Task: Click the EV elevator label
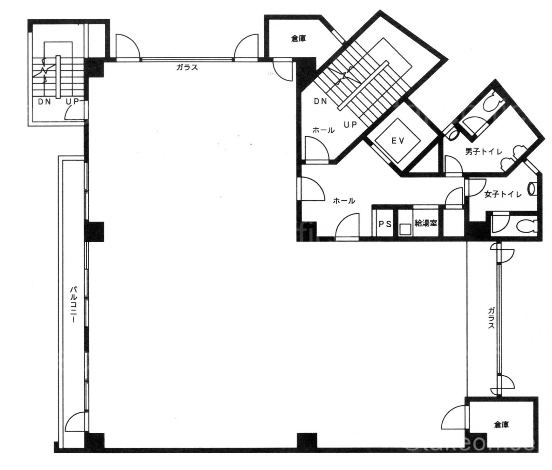tap(398, 141)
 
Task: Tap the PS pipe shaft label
tap(385, 224)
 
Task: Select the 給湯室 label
tap(426, 224)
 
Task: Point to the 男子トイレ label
tap(484, 152)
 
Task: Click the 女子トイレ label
tap(503, 195)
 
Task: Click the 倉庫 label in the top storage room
tap(298, 39)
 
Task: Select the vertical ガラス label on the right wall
tap(491, 318)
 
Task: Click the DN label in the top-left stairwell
tap(45, 102)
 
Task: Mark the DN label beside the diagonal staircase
tap(320, 102)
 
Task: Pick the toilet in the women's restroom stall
tap(526, 226)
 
